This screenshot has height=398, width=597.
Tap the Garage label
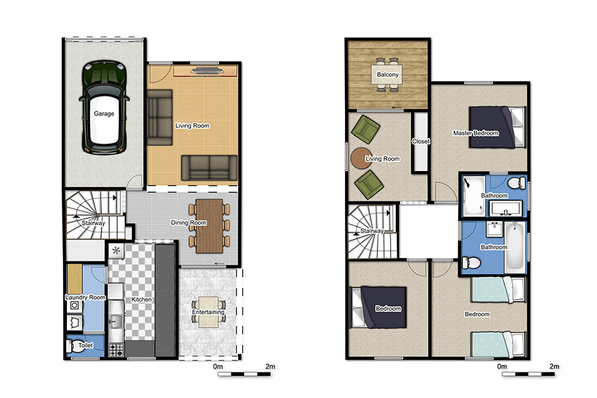coord(104,113)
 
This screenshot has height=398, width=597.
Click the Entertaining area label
coord(208,312)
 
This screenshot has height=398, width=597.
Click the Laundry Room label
coord(86,298)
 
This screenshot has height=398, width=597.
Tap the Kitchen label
coord(142,300)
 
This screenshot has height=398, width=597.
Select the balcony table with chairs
coord(388,74)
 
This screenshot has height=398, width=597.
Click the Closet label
coord(421,141)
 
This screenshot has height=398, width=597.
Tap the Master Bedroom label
coord(476,133)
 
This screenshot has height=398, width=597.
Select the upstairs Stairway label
coord(372,231)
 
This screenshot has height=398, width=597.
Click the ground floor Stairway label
coord(94,223)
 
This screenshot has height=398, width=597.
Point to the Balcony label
coord(388,75)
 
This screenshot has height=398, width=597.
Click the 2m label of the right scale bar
coord(554,365)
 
